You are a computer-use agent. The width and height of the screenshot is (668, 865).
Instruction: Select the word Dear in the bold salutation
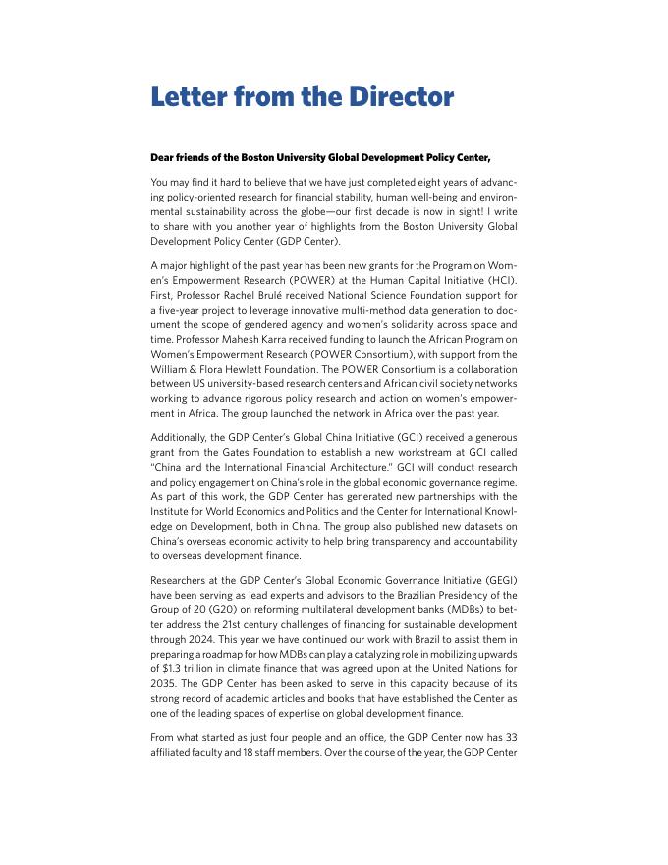click(164, 157)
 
